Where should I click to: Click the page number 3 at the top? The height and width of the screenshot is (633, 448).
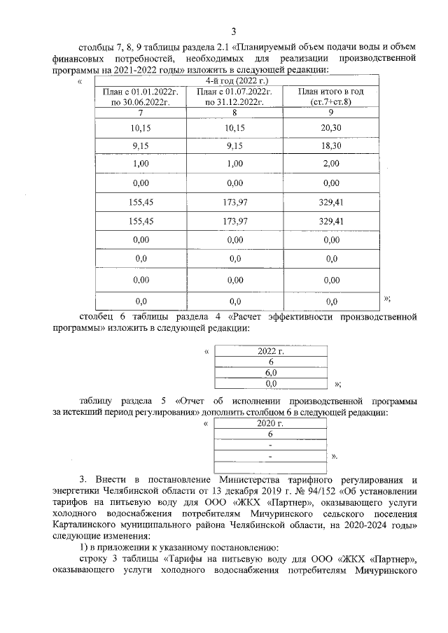tap(234, 31)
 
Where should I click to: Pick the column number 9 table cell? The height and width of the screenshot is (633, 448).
tap(331, 112)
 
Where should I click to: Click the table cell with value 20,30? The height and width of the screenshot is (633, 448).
tap(331, 128)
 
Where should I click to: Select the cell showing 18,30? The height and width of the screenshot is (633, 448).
tap(331, 146)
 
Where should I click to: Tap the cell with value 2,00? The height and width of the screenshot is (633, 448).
tap(331, 164)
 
